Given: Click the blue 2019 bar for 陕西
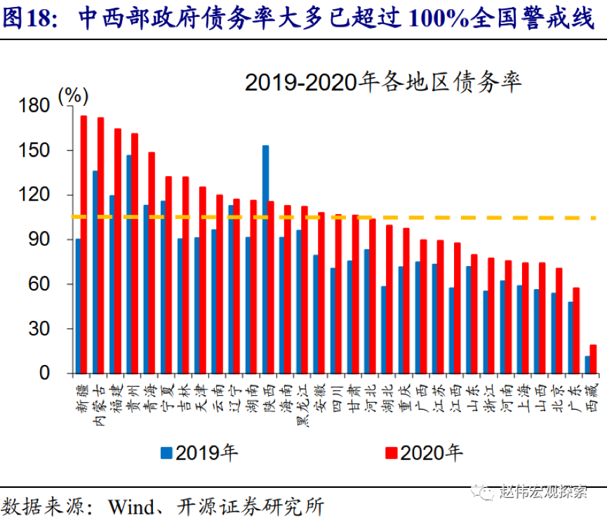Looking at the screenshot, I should coord(265,259).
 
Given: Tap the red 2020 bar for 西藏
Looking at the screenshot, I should coord(593,359).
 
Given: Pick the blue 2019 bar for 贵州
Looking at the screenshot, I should coord(128,264).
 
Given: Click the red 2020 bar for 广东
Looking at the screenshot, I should coord(576,330).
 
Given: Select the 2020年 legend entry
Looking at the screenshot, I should coord(424,453).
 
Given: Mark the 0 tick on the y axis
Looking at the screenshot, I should coord(44,373).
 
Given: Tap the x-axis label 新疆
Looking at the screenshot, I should coord(81,393).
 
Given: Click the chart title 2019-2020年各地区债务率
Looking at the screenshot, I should coord(383,83).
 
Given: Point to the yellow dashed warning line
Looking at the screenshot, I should coord(456,218).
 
